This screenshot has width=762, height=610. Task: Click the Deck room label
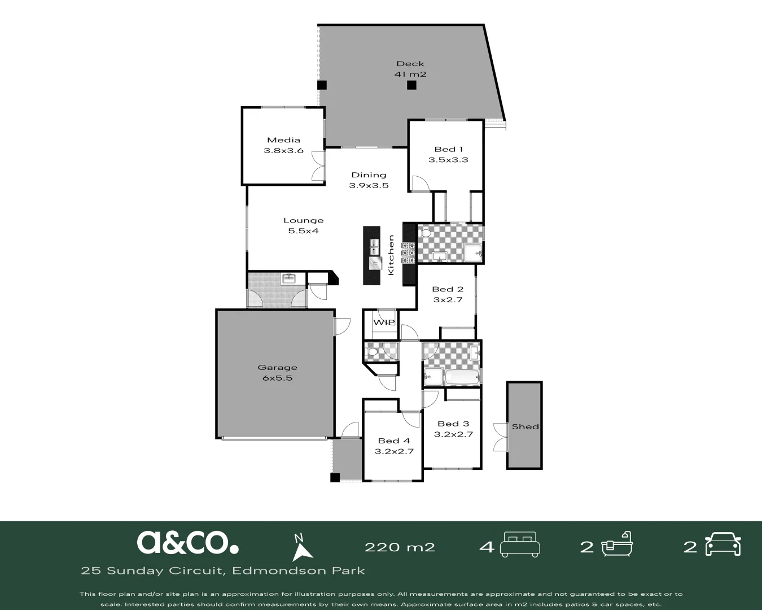tap(410, 64)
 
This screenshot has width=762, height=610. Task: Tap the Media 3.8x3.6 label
tap(283, 145)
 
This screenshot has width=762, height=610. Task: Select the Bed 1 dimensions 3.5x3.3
tap(448, 160)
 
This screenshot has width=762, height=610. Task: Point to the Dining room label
tap(369, 175)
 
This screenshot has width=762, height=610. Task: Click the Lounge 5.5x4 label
tap(303, 225)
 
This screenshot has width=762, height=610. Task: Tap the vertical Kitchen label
tap(391, 255)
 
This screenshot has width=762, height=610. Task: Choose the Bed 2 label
tap(448, 289)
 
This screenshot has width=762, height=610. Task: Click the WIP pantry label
tap(384, 323)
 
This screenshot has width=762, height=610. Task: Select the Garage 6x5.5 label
tap(277, 373)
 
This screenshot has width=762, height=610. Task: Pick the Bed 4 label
tap(394, 441)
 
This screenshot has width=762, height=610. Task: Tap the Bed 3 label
tap(453, 424)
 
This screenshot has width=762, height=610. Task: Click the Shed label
tap(525, 426)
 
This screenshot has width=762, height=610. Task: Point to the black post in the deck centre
tap(411, 85)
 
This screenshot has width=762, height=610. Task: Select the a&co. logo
tap(187, 542)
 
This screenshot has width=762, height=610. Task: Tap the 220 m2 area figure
tap(400, 547)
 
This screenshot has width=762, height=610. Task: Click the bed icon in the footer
tap(520, 544)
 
